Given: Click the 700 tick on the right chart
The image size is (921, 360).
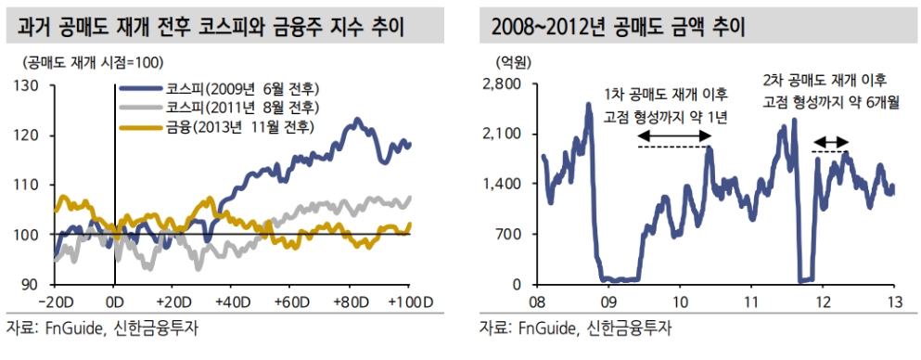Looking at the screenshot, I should [509, 234].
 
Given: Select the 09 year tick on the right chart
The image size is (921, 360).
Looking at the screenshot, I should [608, 302].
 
